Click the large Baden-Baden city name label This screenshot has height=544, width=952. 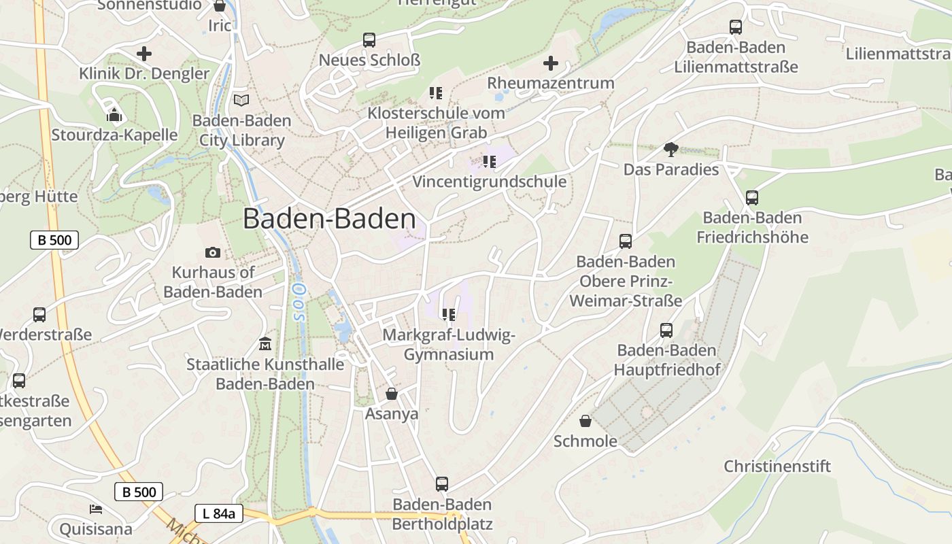coord(329,219)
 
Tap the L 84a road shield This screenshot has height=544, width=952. coord(218,513)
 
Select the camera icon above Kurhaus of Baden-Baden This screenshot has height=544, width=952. coord(213,253)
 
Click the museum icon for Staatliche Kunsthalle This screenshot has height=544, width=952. coord(265,344)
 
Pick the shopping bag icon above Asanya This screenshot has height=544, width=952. coord(392,394)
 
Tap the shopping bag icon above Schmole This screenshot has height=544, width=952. coord(585,421)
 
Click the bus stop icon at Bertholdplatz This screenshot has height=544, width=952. coord(442,484)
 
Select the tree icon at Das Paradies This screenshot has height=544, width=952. coord(670,150)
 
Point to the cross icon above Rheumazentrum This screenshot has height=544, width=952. coord(551,63)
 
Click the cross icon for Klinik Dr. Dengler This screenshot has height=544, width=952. coord(144,53)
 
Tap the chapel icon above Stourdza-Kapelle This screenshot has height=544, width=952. coord(114,115)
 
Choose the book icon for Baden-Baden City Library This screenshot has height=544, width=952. coord(241,101)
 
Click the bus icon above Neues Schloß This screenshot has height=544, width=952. coord(369,40)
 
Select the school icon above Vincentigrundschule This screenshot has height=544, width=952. coord(489,162)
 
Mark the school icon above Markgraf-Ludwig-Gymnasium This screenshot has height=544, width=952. coord(448,314)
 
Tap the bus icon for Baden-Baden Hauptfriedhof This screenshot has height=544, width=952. coord(666,330)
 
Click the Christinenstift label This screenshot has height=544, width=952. coord(777,466)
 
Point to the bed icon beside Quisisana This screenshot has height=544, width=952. coord(96,509)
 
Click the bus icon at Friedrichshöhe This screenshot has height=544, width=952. coord(752,198)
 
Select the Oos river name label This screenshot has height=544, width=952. coord(298,302)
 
